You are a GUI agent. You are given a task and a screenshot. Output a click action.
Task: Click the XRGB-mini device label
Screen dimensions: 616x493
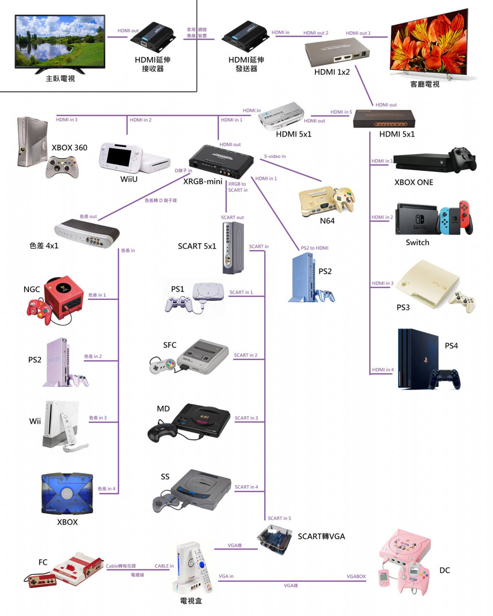(203, 182)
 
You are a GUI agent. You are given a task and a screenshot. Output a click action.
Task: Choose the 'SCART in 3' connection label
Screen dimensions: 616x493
(246, 418)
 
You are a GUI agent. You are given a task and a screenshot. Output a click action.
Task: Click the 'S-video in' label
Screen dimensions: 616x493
(275, 156)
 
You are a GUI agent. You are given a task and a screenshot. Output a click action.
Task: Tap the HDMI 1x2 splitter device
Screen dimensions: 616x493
(337, 53)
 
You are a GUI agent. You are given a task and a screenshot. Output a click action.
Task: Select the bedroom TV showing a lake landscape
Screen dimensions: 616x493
(60, 42)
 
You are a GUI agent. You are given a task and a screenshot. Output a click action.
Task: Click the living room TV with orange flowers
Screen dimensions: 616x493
(428, 43)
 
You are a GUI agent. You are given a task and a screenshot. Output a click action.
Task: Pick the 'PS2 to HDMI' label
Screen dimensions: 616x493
(314, 248)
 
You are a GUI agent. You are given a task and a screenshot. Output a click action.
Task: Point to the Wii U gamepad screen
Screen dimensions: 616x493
(118, 156)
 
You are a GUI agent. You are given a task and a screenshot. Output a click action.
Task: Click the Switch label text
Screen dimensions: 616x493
(417, 243)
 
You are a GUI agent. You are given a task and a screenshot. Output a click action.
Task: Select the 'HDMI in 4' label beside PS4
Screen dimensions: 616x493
(383, 370)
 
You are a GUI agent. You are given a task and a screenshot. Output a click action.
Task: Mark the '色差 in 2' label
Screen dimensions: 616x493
(93, 357)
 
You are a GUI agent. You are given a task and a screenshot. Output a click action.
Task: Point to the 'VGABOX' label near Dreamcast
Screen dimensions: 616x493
(356, 576)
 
